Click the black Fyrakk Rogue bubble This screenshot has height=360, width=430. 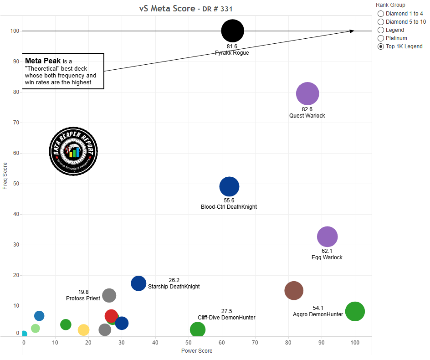point(233,31)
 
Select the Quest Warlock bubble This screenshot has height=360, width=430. point(307,94)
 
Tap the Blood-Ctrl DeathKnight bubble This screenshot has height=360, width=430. point(229,186)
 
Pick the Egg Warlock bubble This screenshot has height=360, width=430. point(327,237)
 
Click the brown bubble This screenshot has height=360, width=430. point(294,291)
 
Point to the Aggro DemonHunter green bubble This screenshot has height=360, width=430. point(355,312)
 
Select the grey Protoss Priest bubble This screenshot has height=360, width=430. point(109,295)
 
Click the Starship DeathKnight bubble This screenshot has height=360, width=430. point(138,283)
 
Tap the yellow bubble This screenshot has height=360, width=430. point(83,330)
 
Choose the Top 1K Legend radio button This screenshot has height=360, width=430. point(381,46)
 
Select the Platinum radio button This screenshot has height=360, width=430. point(381,38)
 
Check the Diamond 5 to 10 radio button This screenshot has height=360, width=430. point(381,22)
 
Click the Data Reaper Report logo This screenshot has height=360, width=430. point(73,151)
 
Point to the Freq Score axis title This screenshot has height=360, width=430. point(5,175)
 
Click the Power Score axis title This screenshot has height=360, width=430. point(197,351)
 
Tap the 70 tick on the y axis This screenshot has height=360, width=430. point(17,123)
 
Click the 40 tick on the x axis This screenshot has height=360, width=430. point(155,343)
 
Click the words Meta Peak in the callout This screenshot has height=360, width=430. point(43,61)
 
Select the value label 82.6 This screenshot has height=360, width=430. point(307,109)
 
